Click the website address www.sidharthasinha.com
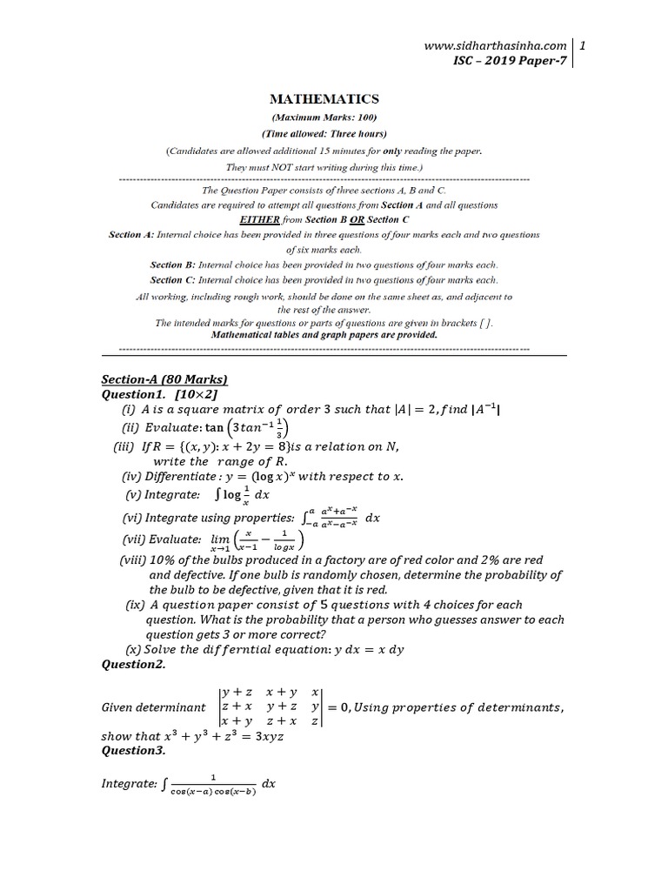pos(496,45)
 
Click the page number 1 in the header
pos(583,45)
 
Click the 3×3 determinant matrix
pos(271,707)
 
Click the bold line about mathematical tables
pos(324,334)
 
